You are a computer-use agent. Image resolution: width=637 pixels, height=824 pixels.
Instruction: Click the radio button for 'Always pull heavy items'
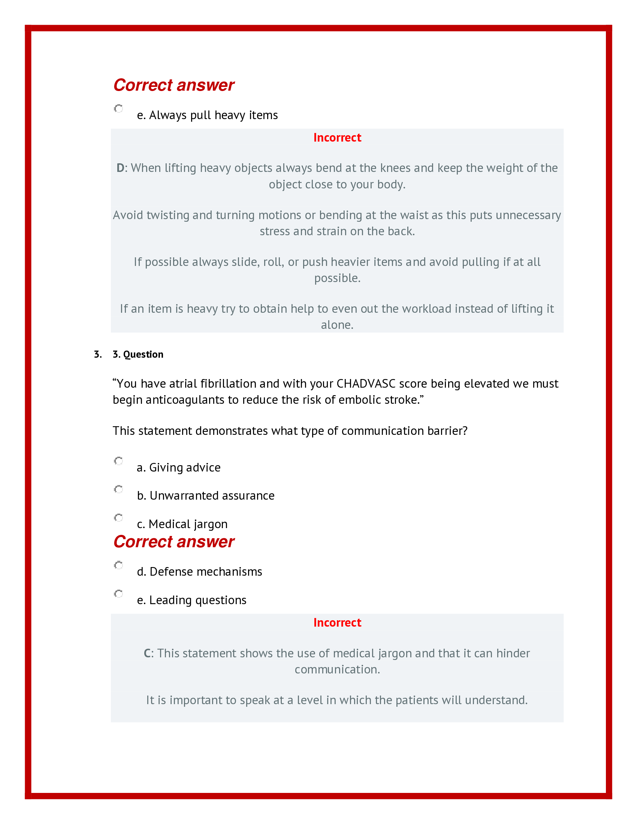(x=118, y=109)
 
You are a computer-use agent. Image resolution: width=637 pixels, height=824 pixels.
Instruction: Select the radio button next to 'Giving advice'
(x=118, y=461)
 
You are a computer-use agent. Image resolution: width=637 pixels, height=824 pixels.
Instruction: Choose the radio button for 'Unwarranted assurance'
(x=118, y=490)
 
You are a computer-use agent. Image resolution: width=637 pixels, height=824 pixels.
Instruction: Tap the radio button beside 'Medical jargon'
(x=118, y=518)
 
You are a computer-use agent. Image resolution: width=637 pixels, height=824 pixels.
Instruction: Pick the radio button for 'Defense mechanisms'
(x=118, y=565)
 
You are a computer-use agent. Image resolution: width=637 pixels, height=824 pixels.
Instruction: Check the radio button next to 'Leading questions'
(x=118, y=594)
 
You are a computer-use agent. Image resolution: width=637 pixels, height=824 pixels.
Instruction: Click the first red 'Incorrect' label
(x=337, y=138)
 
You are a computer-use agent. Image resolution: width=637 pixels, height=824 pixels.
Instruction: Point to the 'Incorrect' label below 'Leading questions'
(x=337, y=622)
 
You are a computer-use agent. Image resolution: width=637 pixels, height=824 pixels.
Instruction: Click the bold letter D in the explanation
(x=120, y=168)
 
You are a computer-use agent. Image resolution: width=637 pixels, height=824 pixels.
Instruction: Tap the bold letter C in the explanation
(x=147, y=653)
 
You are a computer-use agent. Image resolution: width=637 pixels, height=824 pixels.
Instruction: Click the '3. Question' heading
(x=138, y=354)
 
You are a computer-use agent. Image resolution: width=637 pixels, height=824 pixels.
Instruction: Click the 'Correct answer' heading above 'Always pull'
(x=173, y=85)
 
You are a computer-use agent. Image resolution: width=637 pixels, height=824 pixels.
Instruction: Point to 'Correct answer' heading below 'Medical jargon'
(x=173, y=542)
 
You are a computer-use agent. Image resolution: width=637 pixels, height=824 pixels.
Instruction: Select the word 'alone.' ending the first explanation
(x=337, y=325)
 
